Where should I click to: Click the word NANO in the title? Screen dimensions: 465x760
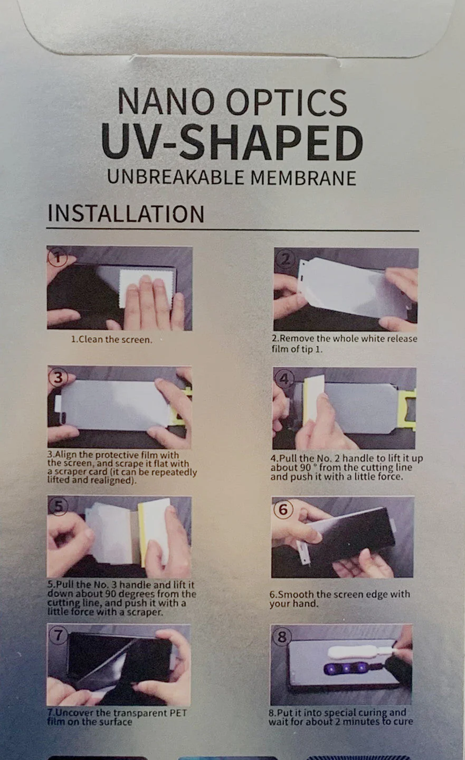click(166, 101)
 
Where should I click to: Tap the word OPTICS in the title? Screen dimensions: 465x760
click(287, 101)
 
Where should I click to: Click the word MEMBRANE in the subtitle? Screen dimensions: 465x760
click(303, 178)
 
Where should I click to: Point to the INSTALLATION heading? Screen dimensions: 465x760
click(126, 213)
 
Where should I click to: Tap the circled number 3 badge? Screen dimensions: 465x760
click(58, 378)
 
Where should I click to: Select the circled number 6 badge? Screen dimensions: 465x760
click(283, 509)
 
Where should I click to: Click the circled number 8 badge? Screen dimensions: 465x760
click(282, 636)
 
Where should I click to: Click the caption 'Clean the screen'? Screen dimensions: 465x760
click(111, 340)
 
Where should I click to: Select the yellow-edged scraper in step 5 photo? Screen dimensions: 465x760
click(154, 532)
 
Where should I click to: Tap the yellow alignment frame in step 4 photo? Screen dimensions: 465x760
click(407, 409)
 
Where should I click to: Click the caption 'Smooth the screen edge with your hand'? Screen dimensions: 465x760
click(339, 598)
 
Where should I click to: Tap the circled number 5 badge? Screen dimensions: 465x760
click(59, 506)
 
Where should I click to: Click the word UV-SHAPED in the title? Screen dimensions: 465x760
click(232, 143)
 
